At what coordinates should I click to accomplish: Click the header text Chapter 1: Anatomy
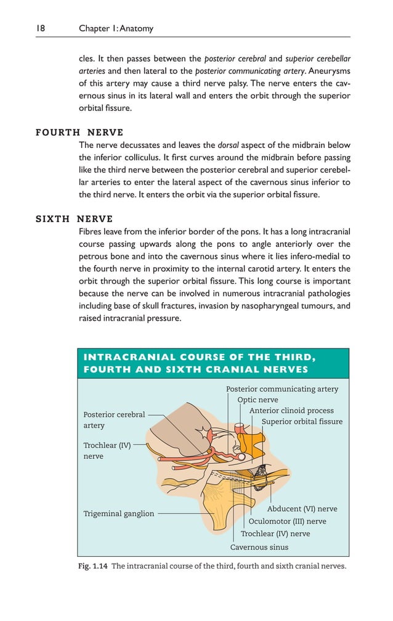pyautogui.click(x=116, y=28)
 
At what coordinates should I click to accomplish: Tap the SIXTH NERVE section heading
pyautogui.click(x=75, y=219)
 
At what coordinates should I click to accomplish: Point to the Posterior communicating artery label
pyautogui.click(x=282, y=389)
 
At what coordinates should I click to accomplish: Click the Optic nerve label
pyautogui.click(x=257, y=400)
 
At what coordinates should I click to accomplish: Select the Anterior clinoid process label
pyautogui.click(x=291, y=411)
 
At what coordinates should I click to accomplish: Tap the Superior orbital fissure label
pyautogui.click(x=302, y=422)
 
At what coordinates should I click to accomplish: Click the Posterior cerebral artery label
pyautogui.click(x=114, y=420)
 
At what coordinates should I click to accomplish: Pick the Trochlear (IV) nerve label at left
pyautogui.click(x=107, y=451)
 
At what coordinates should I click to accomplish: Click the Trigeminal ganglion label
pyautogui.click(x=119, y=514)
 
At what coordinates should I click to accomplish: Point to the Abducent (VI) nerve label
pyautogui.click(x=302, y=509)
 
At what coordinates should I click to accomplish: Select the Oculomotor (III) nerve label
pyautogui.click(x=287, y=521)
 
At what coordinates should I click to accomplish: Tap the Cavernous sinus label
pyautogui.click(x=259, y=547)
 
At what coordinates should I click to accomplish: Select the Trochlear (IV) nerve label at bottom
pyautogui.click(x=275, y=533)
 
